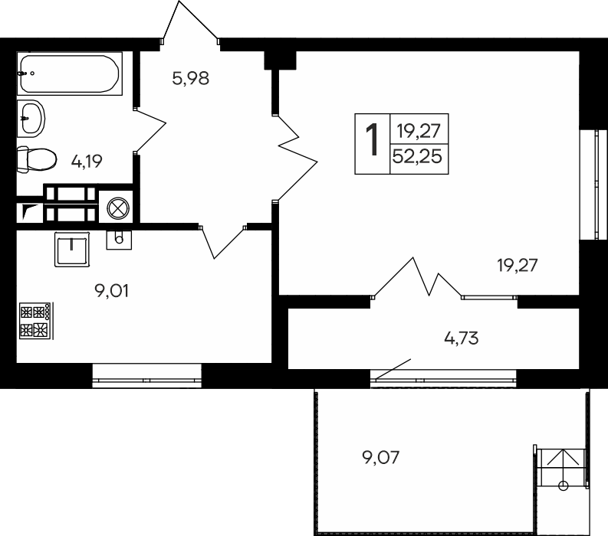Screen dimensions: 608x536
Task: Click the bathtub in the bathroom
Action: [70, 74]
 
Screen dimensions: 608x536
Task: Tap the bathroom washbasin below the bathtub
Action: [31, 119]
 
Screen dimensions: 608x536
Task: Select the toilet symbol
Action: [37, 159]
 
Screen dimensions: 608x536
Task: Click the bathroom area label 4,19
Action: [87, 161]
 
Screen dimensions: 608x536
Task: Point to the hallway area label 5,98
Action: [190, 79]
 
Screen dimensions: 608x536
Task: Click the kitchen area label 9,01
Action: [112, 290]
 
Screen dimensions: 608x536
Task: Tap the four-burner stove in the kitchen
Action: [36, 321]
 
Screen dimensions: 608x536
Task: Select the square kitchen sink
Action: [72, 250]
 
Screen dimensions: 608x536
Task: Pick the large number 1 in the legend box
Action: [373, 139]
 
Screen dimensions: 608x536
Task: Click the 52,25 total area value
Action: [417, 157]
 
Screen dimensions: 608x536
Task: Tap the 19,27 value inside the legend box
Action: [419, 131]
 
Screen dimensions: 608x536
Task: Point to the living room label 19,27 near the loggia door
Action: [518, 266]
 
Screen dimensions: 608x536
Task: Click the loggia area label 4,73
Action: [462, 338]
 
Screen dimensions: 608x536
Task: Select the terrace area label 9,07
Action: [381, 458]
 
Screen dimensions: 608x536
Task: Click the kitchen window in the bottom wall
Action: [147, 376]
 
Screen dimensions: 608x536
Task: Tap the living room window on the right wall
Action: [593, 185]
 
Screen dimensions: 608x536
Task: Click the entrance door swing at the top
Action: [190, 22]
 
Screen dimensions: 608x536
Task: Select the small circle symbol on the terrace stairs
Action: [563, 485]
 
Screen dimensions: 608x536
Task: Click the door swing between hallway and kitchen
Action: [222, 242]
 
